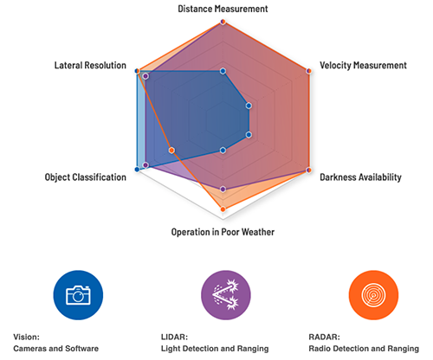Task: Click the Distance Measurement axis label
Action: (x=223, y=8)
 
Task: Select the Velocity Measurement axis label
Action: (x=363, y=65)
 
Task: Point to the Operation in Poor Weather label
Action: (x=223, y=231)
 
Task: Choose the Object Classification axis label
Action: (x=86, y=177)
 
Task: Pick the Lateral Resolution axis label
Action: (x=90, y=65)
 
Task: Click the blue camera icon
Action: (x=78, y=294)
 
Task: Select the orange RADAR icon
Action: (x=372, y=294)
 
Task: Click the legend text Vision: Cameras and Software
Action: (x=56, y=343)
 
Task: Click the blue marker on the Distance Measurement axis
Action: (x=223, y=70)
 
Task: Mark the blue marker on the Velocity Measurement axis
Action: (x=249, y=106)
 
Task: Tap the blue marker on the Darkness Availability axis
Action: (x=249, y=134)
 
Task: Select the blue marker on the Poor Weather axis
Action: (x=223, y=150)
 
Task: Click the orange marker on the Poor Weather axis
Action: (x=223, y=209)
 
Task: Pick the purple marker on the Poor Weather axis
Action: (x=223, y=189)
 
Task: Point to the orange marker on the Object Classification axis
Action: (x=171, y=150)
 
